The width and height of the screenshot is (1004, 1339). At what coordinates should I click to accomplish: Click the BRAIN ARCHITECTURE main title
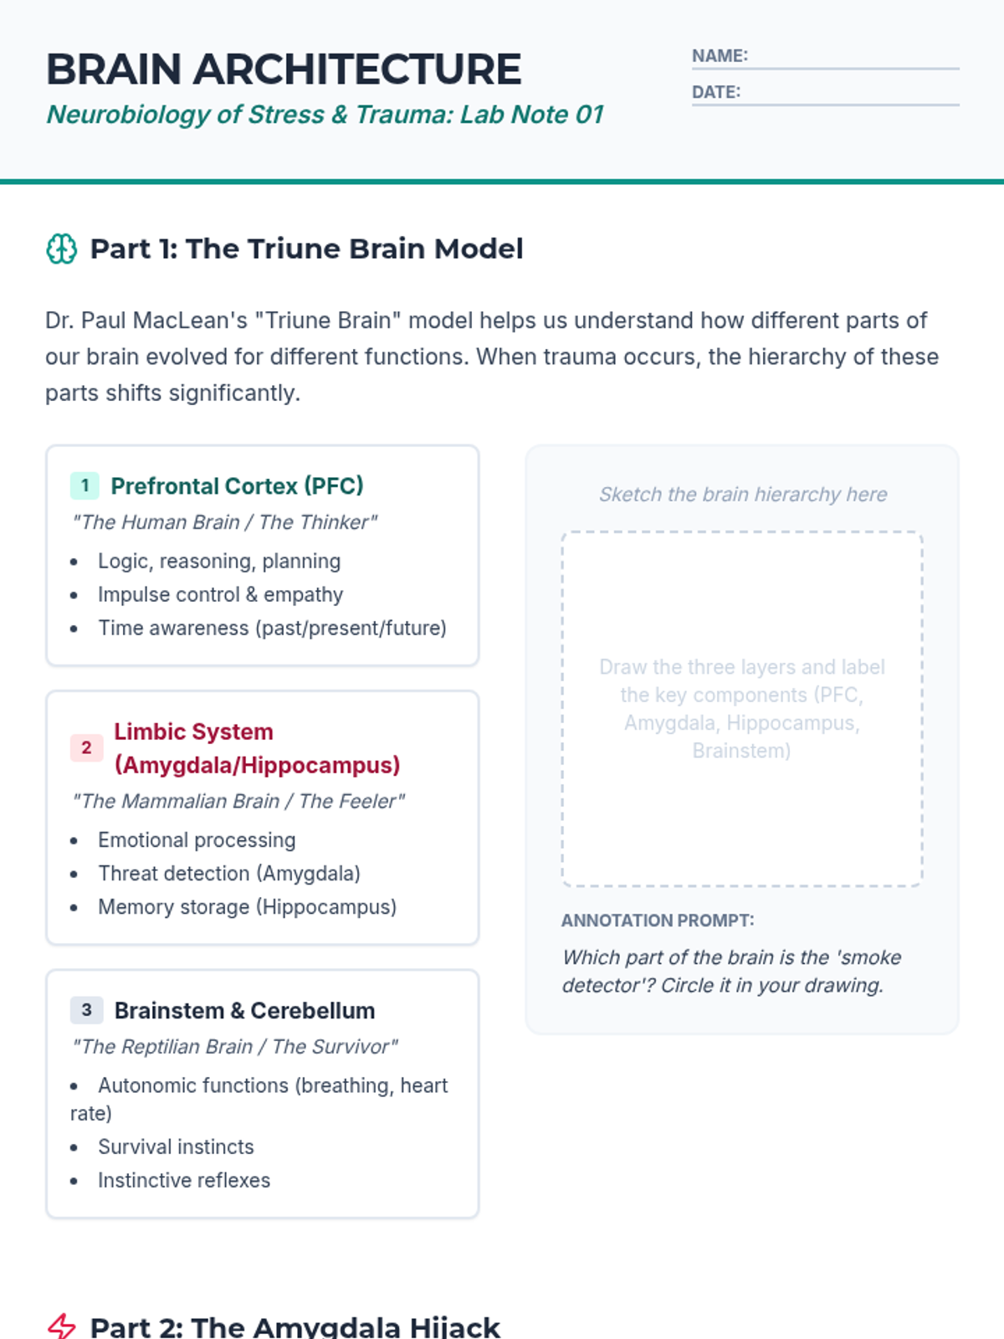tap(284, 69)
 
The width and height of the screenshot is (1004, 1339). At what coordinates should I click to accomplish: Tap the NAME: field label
tap(720, 56)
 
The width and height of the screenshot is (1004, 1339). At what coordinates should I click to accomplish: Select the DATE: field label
tap(715, 92)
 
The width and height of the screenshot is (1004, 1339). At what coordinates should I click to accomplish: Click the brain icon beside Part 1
tap(61, 249)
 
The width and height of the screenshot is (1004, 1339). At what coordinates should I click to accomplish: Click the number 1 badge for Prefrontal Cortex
tap(85, 485)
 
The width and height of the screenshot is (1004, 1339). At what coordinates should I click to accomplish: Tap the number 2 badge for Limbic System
tap(86, 747)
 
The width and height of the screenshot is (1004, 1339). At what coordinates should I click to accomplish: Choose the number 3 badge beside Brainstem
tap(86, 1010)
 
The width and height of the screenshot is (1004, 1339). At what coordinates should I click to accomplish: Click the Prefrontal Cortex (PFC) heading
tap(237, 486)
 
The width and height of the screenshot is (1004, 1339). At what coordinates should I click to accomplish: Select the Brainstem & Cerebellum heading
tap(244, 1011)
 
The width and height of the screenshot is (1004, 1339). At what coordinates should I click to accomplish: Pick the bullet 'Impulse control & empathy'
tap(220, 595)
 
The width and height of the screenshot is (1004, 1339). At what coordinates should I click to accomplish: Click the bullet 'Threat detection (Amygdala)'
tap(228, 874)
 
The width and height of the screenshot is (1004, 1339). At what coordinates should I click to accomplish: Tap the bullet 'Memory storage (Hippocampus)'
tap(247, 907)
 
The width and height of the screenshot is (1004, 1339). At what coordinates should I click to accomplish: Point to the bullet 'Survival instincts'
tap(176, 1147)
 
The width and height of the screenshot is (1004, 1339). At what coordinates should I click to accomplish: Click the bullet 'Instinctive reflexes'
tap(184, 1181)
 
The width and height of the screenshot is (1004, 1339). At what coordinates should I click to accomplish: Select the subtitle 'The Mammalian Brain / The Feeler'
tap(238, 802)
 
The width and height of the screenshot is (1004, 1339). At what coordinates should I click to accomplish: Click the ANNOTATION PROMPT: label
tap(658, 921)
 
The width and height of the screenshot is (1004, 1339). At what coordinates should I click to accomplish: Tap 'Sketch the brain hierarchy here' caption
tap(743, 495)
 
